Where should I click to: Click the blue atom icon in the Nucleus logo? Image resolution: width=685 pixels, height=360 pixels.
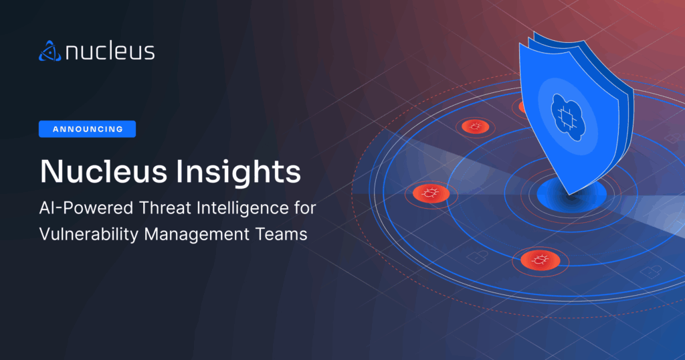tap(50, 51)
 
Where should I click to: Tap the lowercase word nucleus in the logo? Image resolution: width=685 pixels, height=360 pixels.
tap(110, 51)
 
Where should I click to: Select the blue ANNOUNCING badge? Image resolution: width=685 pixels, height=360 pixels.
tap(88, 129)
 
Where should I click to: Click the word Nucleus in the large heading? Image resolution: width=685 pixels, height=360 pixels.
tap(104, 171)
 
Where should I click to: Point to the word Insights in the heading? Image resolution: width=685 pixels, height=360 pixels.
tap(239, 172)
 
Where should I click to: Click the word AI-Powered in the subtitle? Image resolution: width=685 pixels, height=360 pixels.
tap(86, 208)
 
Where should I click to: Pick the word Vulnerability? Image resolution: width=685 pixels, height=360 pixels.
tap(89, 235)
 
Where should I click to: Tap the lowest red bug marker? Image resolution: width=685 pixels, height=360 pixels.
tap(541, 260)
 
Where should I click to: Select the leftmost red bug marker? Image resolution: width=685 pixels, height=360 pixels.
tap(431, 193)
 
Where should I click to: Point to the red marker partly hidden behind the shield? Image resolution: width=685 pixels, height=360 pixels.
tap(522, 106)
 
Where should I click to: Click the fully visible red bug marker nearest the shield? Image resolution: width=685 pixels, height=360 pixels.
tap(476, 126)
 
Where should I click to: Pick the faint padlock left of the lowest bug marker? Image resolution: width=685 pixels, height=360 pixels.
tap(476, 257)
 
